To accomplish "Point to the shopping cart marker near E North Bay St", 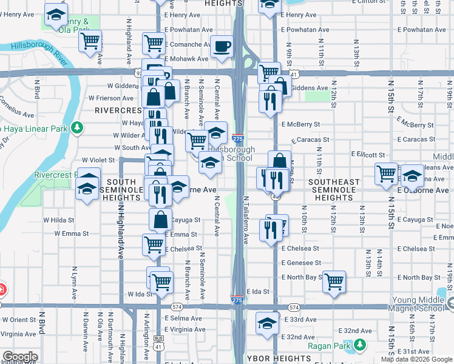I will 334,281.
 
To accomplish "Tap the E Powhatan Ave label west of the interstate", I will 183,29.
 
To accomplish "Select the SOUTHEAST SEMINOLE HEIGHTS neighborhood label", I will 334,189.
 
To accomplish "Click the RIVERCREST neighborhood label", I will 118,111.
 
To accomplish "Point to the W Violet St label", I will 98,160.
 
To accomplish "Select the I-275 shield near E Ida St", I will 237,299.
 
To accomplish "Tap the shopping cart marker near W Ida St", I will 161,281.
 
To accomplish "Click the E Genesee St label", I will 302,263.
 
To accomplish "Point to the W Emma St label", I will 71,233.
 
